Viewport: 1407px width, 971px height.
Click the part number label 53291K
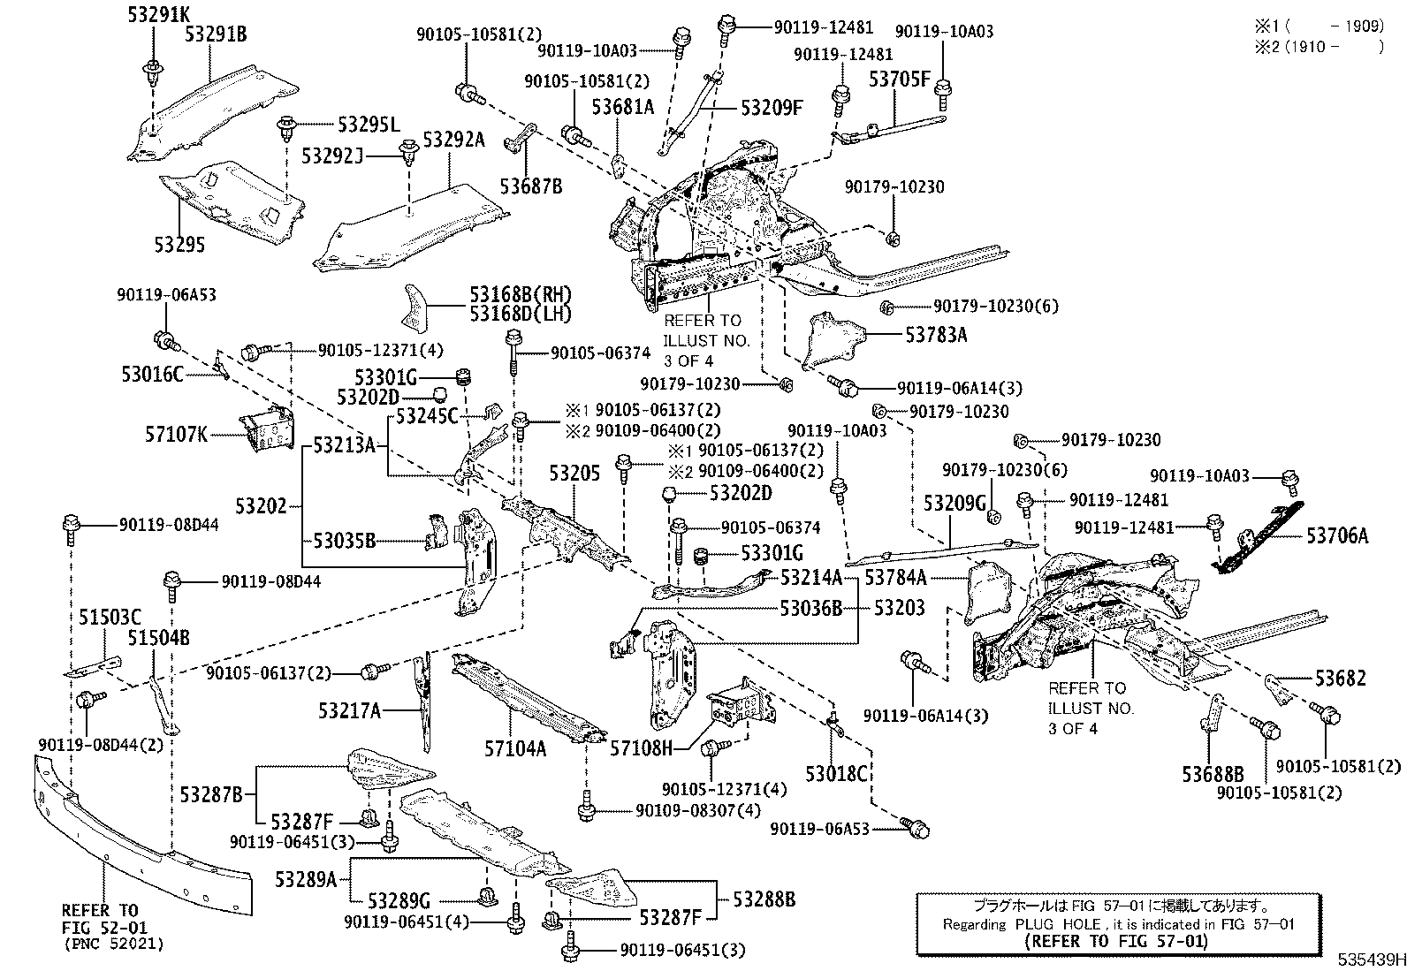tap(158, 14)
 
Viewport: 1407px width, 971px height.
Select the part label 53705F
tap(899, 80)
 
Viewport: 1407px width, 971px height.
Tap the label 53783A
tap(936, 336)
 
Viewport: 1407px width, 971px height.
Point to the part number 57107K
tap(176, 434)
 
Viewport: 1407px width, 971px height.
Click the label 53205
tap(574, 473)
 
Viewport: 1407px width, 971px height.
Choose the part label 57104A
tap(515, 748)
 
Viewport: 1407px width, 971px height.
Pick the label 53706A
tap(1337, 535)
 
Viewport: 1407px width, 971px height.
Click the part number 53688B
tap(1213, 774)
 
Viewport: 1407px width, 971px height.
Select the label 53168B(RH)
tap(521, 294)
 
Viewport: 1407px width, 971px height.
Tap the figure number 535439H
tap(1372, 960)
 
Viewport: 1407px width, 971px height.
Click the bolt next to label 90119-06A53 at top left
tap(166, 341)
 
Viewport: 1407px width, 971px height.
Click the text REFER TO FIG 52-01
tap(104, 919)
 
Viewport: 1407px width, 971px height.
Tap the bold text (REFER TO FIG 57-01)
tap(1116, 942)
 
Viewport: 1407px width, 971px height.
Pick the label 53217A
tap(349, 710)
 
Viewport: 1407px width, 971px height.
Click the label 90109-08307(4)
tap(698, 810)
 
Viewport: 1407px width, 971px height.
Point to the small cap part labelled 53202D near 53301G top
tap(440, 395)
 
